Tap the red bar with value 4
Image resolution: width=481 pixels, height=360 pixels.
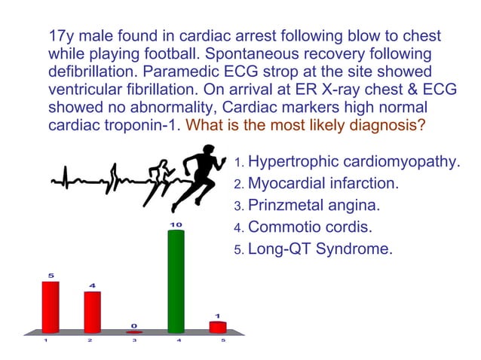[92, 311]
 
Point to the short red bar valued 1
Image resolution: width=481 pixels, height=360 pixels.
[217, 326]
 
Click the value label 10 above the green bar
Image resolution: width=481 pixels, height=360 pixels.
[176, 224]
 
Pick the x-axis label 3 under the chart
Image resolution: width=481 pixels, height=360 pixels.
[134, 341]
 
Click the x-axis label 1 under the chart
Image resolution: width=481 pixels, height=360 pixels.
[46, 341]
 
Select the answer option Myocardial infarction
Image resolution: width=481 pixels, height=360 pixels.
[323, 184]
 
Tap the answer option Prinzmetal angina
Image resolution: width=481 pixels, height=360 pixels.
[314, 205]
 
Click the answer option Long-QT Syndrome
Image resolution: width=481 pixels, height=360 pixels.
[320, 249]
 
